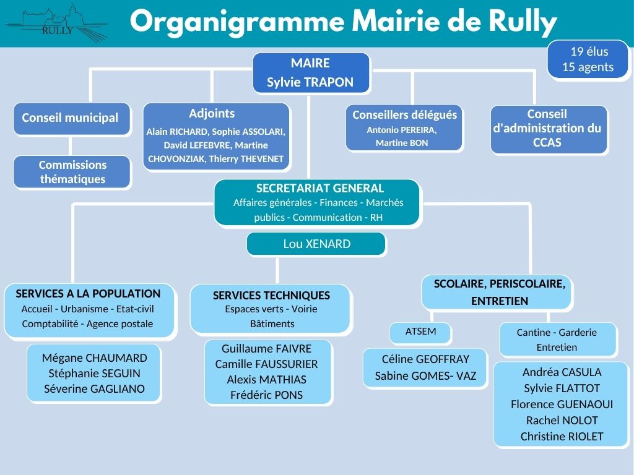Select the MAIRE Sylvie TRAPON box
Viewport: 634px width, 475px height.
tap(310, 72)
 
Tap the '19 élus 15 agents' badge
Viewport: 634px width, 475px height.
tap(588, 59)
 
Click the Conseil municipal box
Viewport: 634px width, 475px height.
tap(71, 118)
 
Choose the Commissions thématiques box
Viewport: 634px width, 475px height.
tap(72, 172)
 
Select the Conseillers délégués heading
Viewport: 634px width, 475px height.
tap(404, 115)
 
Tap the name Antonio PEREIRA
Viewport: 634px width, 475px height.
tap(401, 130)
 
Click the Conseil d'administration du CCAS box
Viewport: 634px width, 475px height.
tap(548, 129)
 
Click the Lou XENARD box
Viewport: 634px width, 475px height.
tap(316, 244)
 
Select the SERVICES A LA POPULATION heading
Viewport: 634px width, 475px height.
tap(88, 294)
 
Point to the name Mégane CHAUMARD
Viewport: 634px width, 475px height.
tap(94, 358)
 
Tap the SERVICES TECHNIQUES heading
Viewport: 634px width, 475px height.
tap(271, 296)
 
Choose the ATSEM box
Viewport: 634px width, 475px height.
tap(420, 332)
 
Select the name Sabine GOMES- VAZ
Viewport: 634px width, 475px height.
tap(425, 375)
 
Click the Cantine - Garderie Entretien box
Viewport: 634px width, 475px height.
tap(557, 340)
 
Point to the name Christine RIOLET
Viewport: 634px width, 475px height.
tap(562, 436)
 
